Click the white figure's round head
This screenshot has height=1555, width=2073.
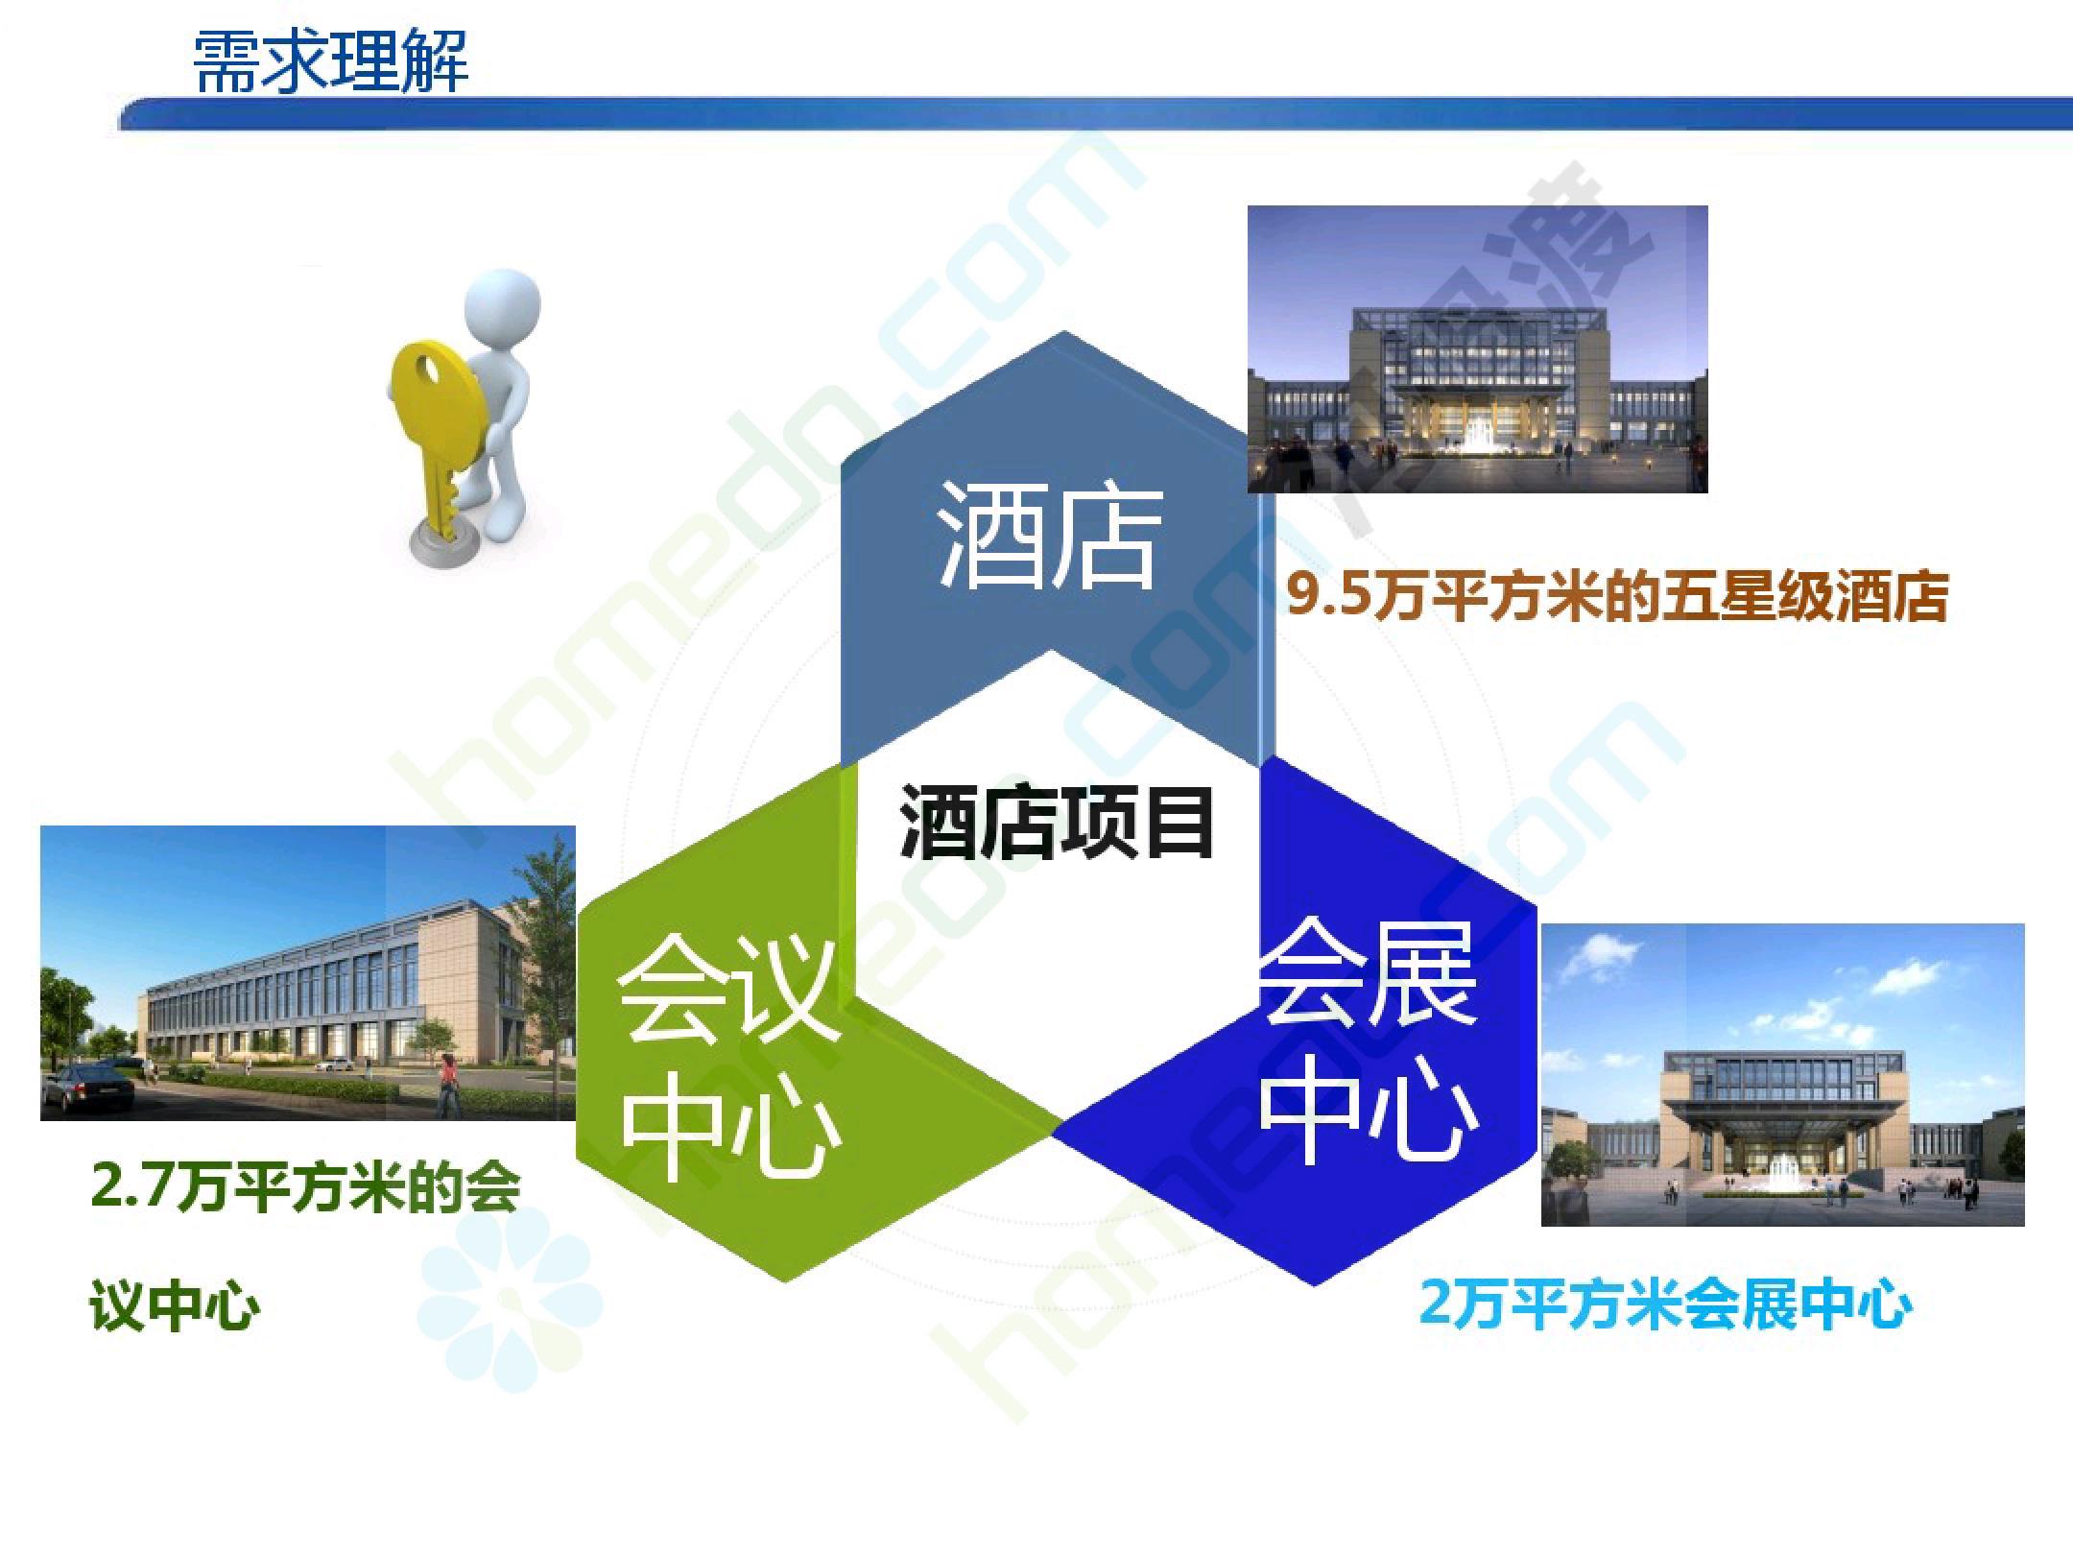tap(502, 308)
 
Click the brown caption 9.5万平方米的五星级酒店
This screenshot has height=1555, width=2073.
tap(1616, 597)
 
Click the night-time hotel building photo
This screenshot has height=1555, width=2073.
tap(1478, 348)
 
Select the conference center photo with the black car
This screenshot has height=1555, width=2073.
tap(308, 972)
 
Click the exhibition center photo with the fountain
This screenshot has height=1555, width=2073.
tap(1783, 1075)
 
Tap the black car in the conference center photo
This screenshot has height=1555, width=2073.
tap(91, 1089)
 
